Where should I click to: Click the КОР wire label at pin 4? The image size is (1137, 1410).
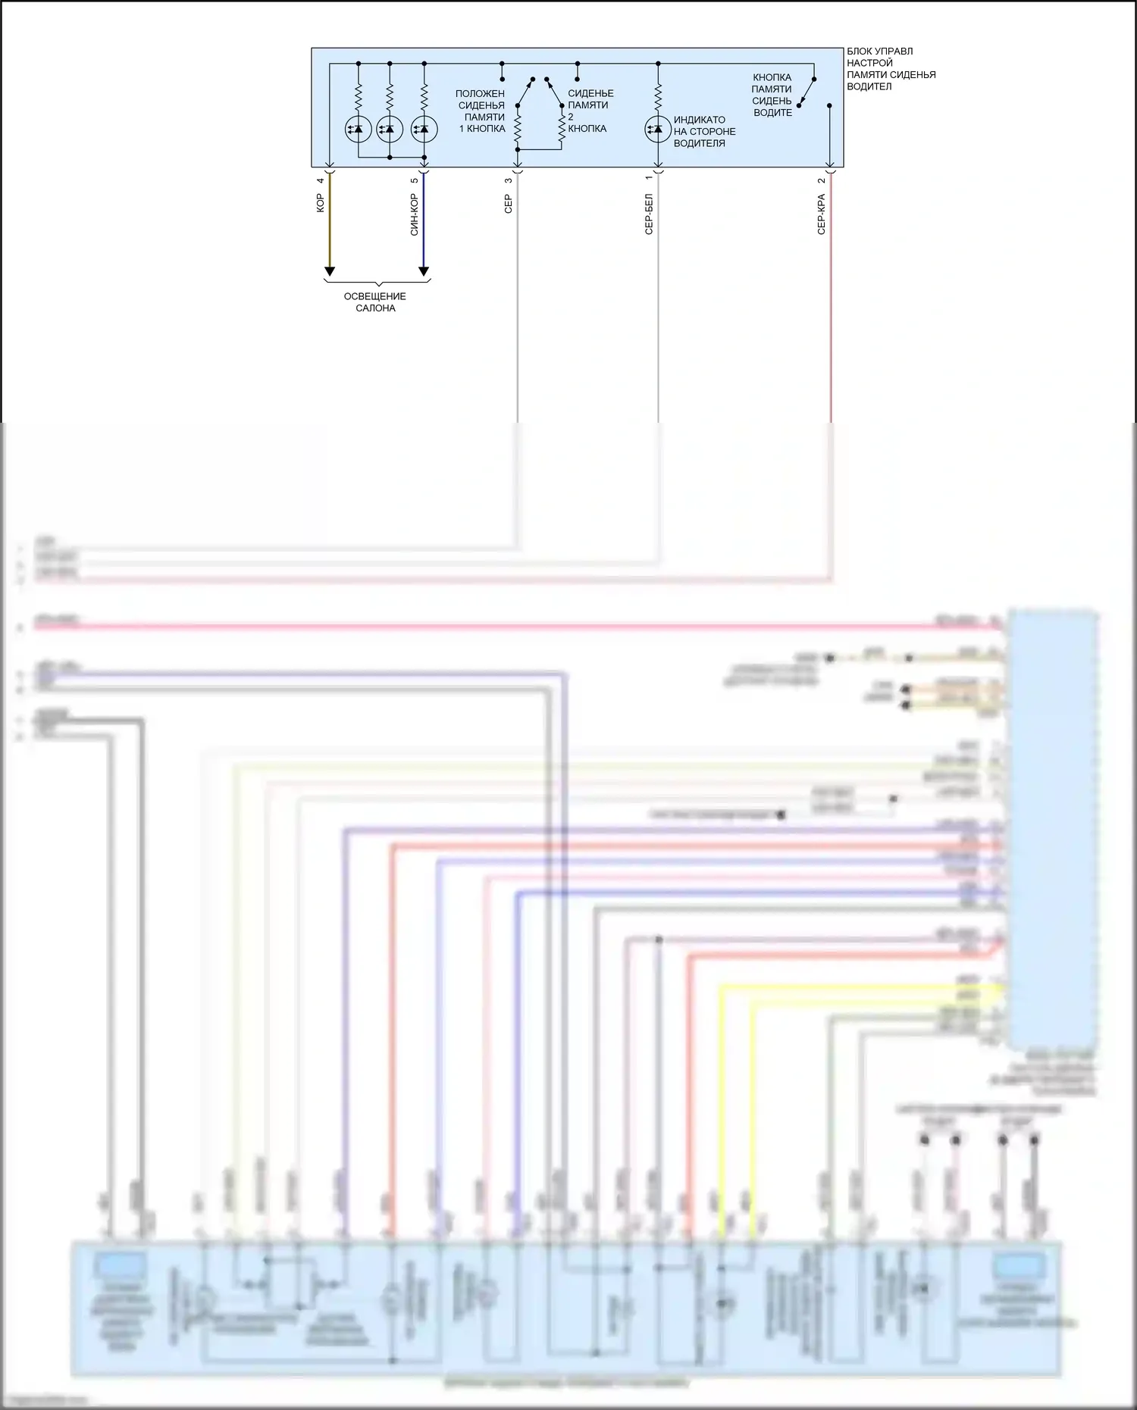[321, 202]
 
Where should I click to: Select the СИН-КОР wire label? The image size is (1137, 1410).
[414, 214]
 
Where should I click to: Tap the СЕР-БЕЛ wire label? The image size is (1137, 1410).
[649, 214]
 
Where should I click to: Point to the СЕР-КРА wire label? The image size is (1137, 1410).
[821, 214]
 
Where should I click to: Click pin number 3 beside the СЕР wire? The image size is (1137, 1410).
[508, 180]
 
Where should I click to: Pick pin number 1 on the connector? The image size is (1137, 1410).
[649, 179]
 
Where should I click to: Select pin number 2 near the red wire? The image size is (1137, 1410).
[821, 180]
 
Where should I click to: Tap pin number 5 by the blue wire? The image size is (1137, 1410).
[414, 180]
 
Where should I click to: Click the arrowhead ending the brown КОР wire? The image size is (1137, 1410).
[330, 271]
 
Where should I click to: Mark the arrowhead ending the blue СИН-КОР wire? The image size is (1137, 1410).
[424, 271]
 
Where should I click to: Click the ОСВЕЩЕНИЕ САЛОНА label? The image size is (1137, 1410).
[375, 302]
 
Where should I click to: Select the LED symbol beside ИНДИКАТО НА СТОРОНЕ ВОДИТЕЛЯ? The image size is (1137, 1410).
[657, 129]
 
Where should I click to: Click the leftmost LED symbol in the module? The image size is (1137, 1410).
[358, 129]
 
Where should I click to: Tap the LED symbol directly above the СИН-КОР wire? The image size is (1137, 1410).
[424, 129]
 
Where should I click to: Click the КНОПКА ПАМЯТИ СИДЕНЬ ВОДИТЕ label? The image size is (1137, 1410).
[772, 95]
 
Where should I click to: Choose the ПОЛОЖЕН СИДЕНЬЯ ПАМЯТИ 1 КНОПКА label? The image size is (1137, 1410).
[481, 111]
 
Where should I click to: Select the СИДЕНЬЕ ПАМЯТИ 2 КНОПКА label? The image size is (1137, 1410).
[590, 111]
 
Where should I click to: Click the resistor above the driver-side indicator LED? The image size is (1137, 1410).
[658, 96]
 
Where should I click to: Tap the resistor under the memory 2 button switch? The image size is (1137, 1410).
[562, 130]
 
